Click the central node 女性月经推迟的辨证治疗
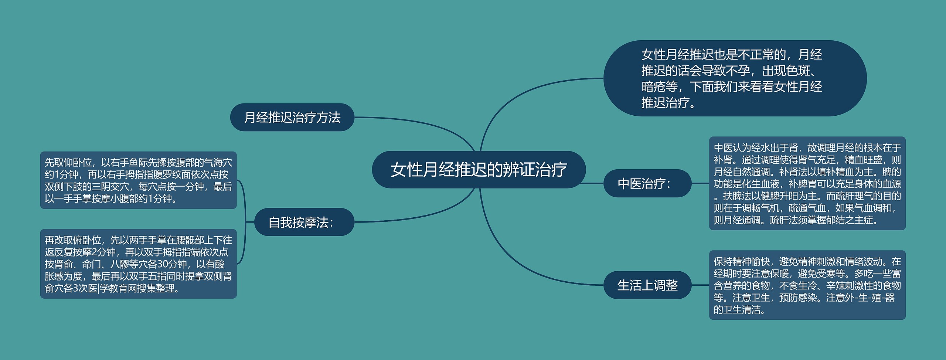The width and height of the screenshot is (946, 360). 479,170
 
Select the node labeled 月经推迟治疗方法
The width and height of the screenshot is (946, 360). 292,118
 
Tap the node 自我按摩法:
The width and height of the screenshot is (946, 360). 304,222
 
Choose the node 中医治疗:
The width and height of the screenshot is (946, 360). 647,183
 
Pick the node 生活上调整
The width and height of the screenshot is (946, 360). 647,285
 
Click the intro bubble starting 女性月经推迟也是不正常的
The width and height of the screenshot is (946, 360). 735,78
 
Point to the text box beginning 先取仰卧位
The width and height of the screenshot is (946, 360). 138,180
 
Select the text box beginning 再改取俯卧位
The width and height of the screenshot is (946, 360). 138,264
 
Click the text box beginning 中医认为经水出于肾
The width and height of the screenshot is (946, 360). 807,183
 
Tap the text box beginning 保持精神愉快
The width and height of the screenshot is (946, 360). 807,285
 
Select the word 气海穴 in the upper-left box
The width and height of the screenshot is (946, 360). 218,163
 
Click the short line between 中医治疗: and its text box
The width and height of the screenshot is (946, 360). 700,183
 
